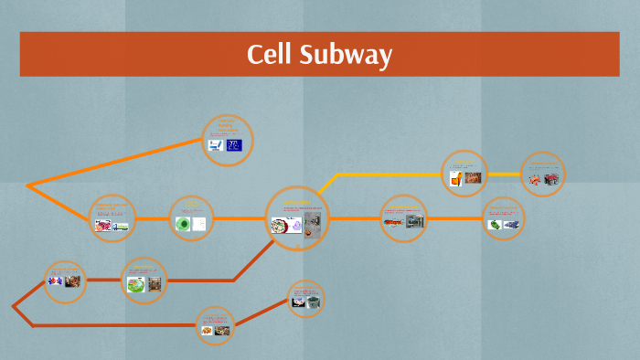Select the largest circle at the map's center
coord(297,219)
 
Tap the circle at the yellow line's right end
coord(543,174)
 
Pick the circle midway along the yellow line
coord(465,174)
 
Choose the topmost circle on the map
coord(227,141)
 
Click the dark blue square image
coord(234,145)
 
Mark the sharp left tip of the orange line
coord(27,186)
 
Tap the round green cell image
coord(183,224)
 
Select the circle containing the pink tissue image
coord(112,218)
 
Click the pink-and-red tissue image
coord(103,225)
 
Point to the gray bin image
coord(313,301)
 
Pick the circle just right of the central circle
coord(403,218)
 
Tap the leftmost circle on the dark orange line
coord(65,281)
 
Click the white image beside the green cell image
coord(200,224)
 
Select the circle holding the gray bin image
coord(306,298)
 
